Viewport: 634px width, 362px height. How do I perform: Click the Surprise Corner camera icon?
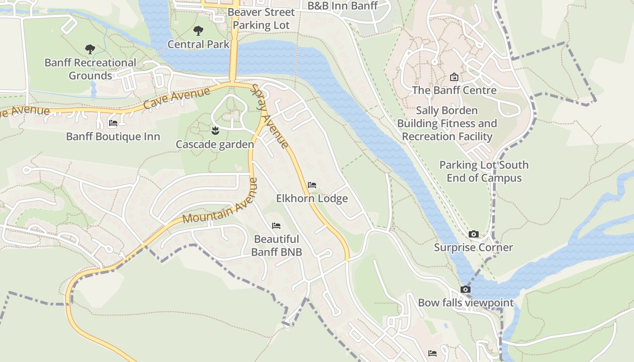[x=473, y=234]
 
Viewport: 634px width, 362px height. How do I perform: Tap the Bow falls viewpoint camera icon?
[x=465, y=289]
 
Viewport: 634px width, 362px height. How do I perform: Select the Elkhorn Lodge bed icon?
[x=312, y=185]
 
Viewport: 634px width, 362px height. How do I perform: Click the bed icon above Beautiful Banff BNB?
[x=276, y=225]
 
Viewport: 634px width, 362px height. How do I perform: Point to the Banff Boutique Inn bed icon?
[x=113, y=123]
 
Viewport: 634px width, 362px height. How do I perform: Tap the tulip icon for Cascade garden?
[x=215, y=131]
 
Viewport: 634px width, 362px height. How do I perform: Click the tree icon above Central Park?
[x=198, y=31]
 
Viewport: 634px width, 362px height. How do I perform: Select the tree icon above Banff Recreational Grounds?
[x=90, y=49]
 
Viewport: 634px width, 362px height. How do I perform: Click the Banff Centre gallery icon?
[x=454, y=77]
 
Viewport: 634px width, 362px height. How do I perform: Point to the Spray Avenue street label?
[x=270, y=116]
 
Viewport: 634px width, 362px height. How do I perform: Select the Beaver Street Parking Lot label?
[x=261, y=19]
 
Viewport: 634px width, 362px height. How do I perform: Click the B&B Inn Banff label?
[x=342, y=6]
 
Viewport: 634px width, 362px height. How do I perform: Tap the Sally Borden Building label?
[x=447, y=123]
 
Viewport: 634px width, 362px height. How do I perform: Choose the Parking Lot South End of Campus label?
[x=484, y=171]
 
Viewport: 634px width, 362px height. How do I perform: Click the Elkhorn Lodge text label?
[x=312, y=198]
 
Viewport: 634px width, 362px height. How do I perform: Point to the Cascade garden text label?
[x=215, y=144]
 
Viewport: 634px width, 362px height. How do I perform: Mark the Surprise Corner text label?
[x=473, y=248]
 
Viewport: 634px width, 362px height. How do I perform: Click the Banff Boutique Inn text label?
[x=113, y=136]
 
